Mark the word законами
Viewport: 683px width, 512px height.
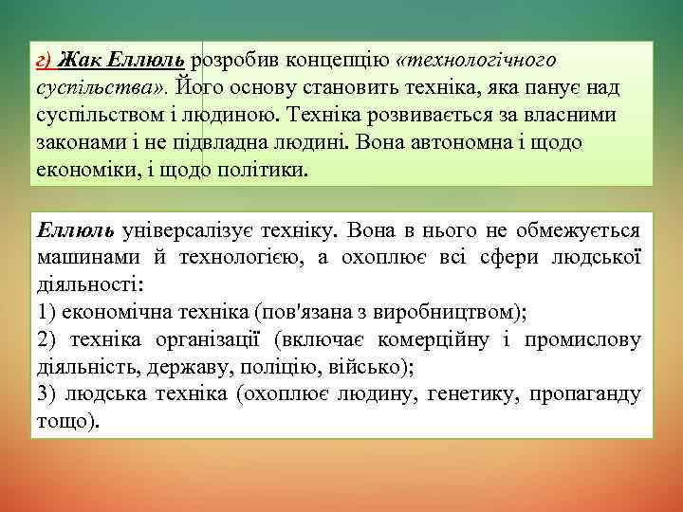pos(76,143)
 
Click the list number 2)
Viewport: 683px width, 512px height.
pos(47,339)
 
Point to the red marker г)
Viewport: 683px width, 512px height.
pos(43,62)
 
